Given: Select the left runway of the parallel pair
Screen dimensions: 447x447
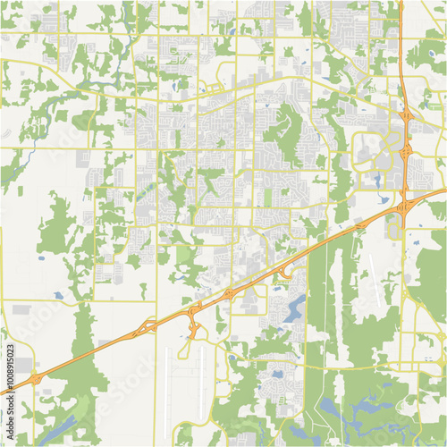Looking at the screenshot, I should (167, 384).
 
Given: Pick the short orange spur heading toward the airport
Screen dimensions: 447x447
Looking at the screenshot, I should (193, 329).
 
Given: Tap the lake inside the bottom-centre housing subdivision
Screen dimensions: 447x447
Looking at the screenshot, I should (274, 375).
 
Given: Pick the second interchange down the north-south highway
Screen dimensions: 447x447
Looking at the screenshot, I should (406, 152).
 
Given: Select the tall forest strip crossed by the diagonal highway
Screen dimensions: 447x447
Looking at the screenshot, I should (317, 295).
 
